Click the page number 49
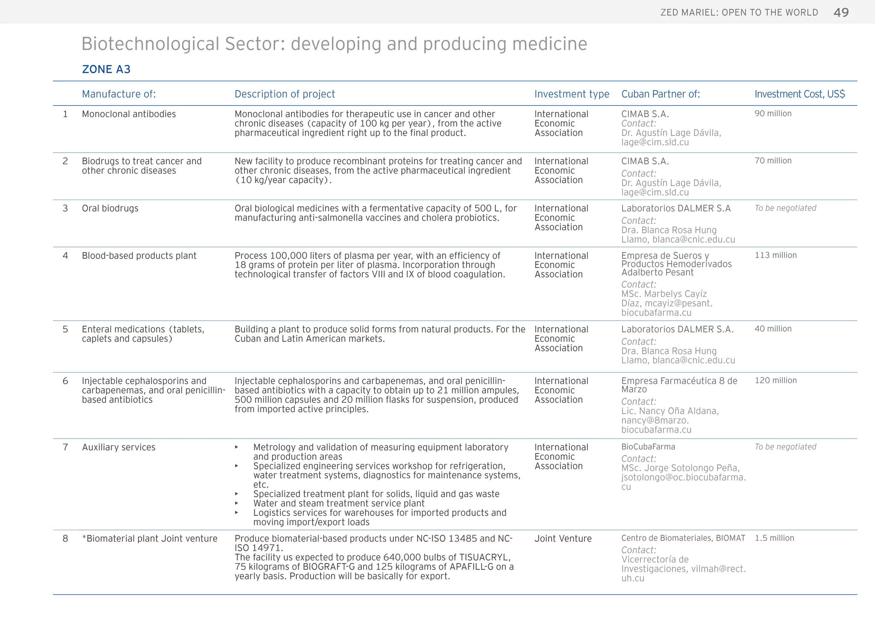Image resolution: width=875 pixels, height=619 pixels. pos(841,12)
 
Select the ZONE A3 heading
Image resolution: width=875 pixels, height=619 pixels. pos(106,69)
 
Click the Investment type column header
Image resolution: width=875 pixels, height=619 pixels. pos(572,94)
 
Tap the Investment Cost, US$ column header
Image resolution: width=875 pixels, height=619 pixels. pos(799,94)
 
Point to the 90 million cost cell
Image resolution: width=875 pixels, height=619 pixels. pos(773,114)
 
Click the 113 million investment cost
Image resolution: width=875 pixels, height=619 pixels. pos(775,255)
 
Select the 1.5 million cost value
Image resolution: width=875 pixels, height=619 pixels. pos(774,538)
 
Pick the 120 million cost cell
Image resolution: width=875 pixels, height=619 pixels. pos(775,380)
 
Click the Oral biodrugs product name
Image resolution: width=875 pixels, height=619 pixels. pos(110,209)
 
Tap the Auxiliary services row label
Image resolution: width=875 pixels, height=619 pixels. pos(119,448)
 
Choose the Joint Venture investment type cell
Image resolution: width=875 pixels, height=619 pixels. pos(563,539)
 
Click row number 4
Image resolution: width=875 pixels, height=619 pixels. pos(65,256)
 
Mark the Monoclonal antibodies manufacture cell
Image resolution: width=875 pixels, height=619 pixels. pos(129,114)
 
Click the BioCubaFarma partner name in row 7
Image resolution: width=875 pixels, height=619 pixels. pos(648,447)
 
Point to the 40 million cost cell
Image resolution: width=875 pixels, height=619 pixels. pos(773,329)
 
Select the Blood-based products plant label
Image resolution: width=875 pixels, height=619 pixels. pos(139,256)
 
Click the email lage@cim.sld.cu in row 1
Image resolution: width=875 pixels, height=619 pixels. pos(655,142)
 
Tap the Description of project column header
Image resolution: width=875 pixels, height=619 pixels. pos(285,94)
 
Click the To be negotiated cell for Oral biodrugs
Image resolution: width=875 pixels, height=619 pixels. pos(785,208)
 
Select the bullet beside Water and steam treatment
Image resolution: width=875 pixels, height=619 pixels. pos(237,504)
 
